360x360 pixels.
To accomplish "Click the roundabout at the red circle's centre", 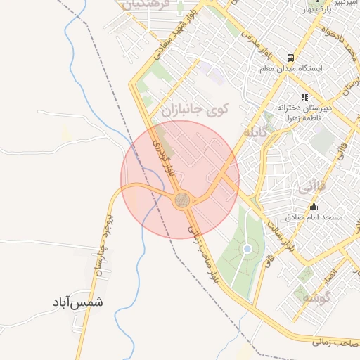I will (182, 200).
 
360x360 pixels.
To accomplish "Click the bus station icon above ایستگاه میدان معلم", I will (290, 58).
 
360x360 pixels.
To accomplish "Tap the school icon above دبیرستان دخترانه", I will (304, 97).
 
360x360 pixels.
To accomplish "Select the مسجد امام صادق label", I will (317, 218).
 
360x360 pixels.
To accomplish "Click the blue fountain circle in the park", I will (247, 249).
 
